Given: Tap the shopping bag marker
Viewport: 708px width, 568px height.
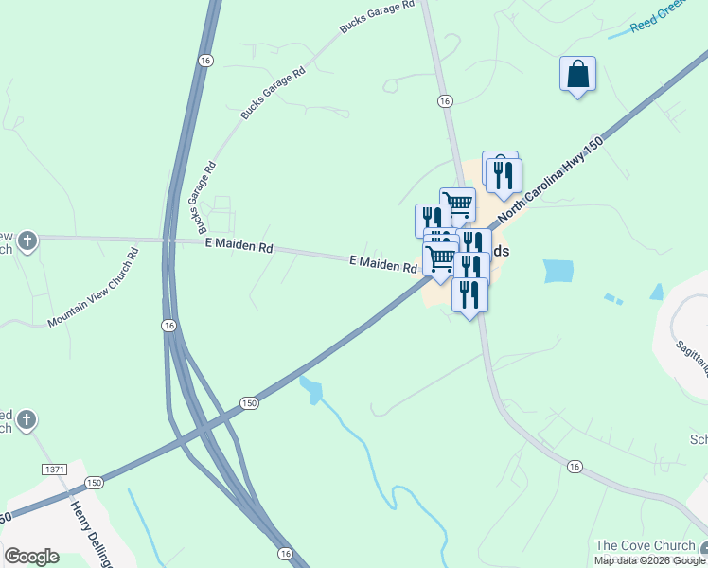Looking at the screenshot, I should (x=577, y=75).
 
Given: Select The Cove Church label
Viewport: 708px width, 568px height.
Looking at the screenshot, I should (x=645, y=545).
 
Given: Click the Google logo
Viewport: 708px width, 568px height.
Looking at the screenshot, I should (x=31, y=556).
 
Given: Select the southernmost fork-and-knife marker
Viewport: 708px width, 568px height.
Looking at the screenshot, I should (x=469, y=295).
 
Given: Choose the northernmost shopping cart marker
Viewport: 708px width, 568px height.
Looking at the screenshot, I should (x=457, y=204).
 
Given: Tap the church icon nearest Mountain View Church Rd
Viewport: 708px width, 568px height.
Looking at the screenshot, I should (x=28, y=240).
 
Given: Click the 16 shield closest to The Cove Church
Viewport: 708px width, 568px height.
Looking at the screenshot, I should (x=574, y=467).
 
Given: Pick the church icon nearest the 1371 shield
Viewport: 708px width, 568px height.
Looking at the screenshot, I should (x=27, y=418).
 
